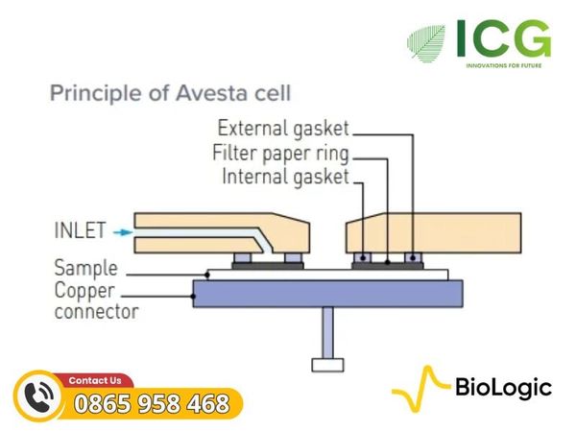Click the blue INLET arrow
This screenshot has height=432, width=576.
[x=123, y=232]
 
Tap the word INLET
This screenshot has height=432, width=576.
[x=81, y=230]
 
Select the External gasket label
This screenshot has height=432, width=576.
[x=283, y=130]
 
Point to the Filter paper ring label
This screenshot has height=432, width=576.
[x=280, y=154]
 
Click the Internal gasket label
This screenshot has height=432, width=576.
[x=285, y=177]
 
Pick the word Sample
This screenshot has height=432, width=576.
[x=86, y=268]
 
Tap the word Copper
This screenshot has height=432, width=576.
[x=84, y=291]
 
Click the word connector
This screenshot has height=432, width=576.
[x=97, y=311]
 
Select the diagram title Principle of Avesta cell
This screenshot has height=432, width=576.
[x=170, y=92]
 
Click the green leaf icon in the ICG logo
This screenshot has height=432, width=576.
[x=427, y=42]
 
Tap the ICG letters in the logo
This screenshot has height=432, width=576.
[x=504, y=38]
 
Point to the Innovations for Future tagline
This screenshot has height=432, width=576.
[x=504, y=65]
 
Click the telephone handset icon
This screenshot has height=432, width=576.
[x=39, y=396]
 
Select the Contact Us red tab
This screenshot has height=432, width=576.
[x=94, y=380]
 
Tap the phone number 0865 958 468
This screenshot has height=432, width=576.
[x=152, y=403]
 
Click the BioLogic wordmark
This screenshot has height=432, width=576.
[x=504, y=388]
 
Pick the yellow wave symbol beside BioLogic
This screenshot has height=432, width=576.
[x=421, y=388]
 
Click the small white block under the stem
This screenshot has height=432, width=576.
[x=327, y=365]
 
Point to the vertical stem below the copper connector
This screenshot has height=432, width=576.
[x=327, y=333]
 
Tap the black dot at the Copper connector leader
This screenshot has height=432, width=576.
[x=193, y=296]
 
